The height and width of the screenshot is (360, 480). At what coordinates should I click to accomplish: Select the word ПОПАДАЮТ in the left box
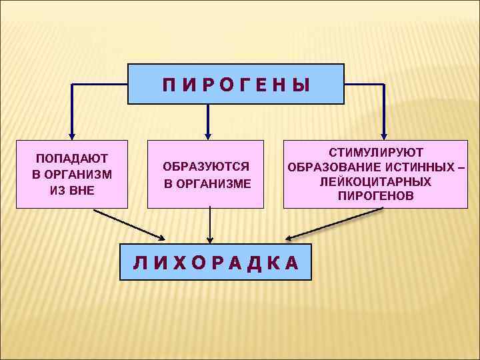[x=72, y=159]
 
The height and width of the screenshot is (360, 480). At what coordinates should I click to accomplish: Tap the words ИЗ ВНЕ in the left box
[x=72, y=189]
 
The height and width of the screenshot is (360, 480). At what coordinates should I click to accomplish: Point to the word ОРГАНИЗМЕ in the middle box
[x=215, y=183]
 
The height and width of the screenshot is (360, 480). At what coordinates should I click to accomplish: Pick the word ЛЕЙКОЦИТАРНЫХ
[x=375, y=181]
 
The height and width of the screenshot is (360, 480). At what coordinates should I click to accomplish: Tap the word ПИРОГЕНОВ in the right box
[x=375, y=196]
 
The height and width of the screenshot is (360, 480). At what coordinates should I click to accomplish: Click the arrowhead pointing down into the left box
[x=71, y=133]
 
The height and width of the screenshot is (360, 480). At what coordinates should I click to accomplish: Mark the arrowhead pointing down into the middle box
[x=209, y=133]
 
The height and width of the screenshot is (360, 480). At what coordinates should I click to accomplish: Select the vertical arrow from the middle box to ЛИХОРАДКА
[x=210, y=223]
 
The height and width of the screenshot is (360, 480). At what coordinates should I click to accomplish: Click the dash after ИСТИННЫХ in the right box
[x=461, y=167]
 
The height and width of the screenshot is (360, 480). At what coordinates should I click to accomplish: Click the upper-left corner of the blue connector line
[x=71, y=85]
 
